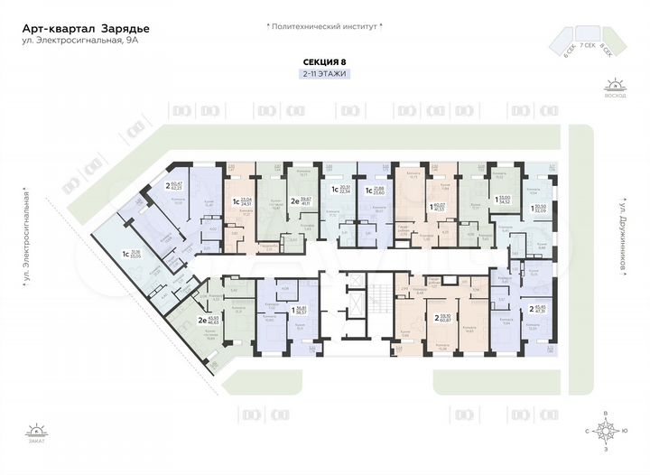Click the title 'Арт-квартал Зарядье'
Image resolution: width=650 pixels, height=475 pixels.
click(87, 29)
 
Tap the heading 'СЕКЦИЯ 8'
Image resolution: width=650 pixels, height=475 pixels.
click(324, 62)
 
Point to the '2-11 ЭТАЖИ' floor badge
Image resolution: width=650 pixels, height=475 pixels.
click(324, 73)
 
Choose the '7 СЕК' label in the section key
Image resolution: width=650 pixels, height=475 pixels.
click(587, 43)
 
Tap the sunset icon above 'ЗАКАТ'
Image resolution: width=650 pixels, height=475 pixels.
click(36, 431)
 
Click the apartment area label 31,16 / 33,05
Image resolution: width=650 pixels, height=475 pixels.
click(135, 254)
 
